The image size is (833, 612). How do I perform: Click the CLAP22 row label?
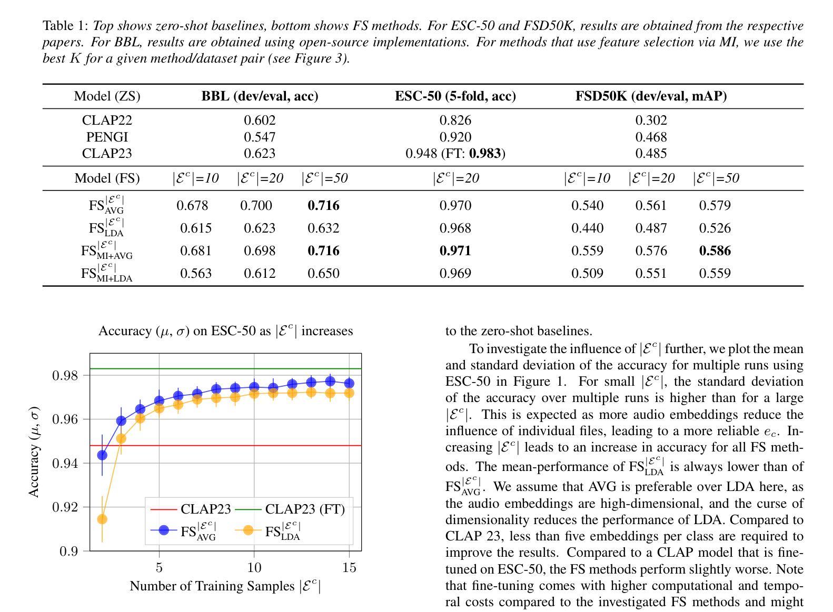107,121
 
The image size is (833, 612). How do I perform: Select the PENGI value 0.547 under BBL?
260,137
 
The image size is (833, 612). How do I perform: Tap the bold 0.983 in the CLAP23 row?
485,154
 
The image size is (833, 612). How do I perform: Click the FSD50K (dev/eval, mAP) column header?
651,96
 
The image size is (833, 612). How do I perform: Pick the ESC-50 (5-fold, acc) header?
455,96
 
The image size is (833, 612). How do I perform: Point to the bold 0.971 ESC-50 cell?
455,251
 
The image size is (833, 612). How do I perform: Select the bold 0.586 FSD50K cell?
715,251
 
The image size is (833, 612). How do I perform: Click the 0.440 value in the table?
587,228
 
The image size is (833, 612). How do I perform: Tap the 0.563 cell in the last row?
195,274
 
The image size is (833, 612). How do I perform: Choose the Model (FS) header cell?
107,178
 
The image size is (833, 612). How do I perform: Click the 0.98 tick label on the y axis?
65,376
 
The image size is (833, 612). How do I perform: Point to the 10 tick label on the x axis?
254,567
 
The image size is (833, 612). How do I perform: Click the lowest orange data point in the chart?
102,519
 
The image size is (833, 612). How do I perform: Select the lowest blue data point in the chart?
102,455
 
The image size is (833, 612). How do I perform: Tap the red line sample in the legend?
163,509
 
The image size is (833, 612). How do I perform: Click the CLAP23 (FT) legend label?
305,509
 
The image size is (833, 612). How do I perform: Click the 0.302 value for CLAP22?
651,121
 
